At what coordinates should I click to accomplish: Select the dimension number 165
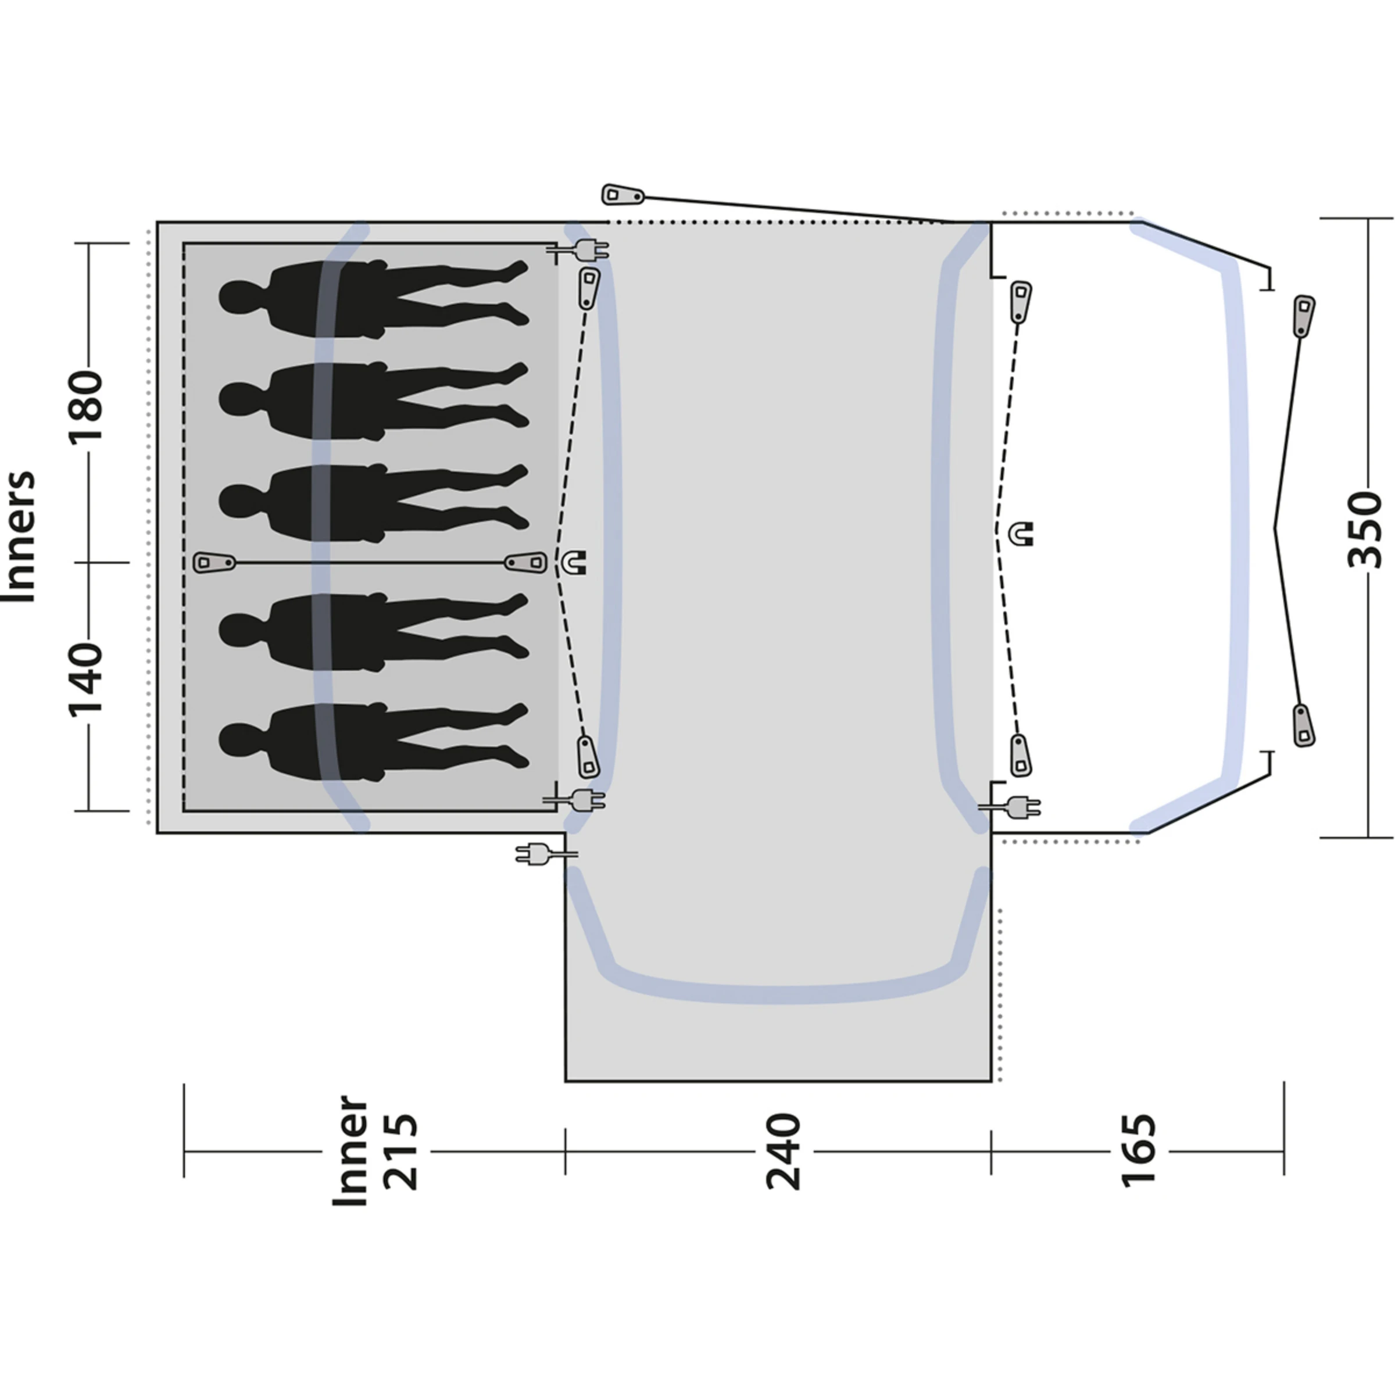[1138, 1151]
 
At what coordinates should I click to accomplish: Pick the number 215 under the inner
[399, 1151]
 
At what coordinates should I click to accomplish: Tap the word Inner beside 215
[350, 1151]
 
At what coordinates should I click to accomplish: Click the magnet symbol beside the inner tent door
[575, 561]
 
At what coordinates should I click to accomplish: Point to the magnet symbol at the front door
[1022, 534]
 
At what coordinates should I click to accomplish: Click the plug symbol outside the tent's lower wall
[538, 855]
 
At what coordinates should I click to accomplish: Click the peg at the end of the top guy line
[623, 195]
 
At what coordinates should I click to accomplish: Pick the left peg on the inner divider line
[215, 561]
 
